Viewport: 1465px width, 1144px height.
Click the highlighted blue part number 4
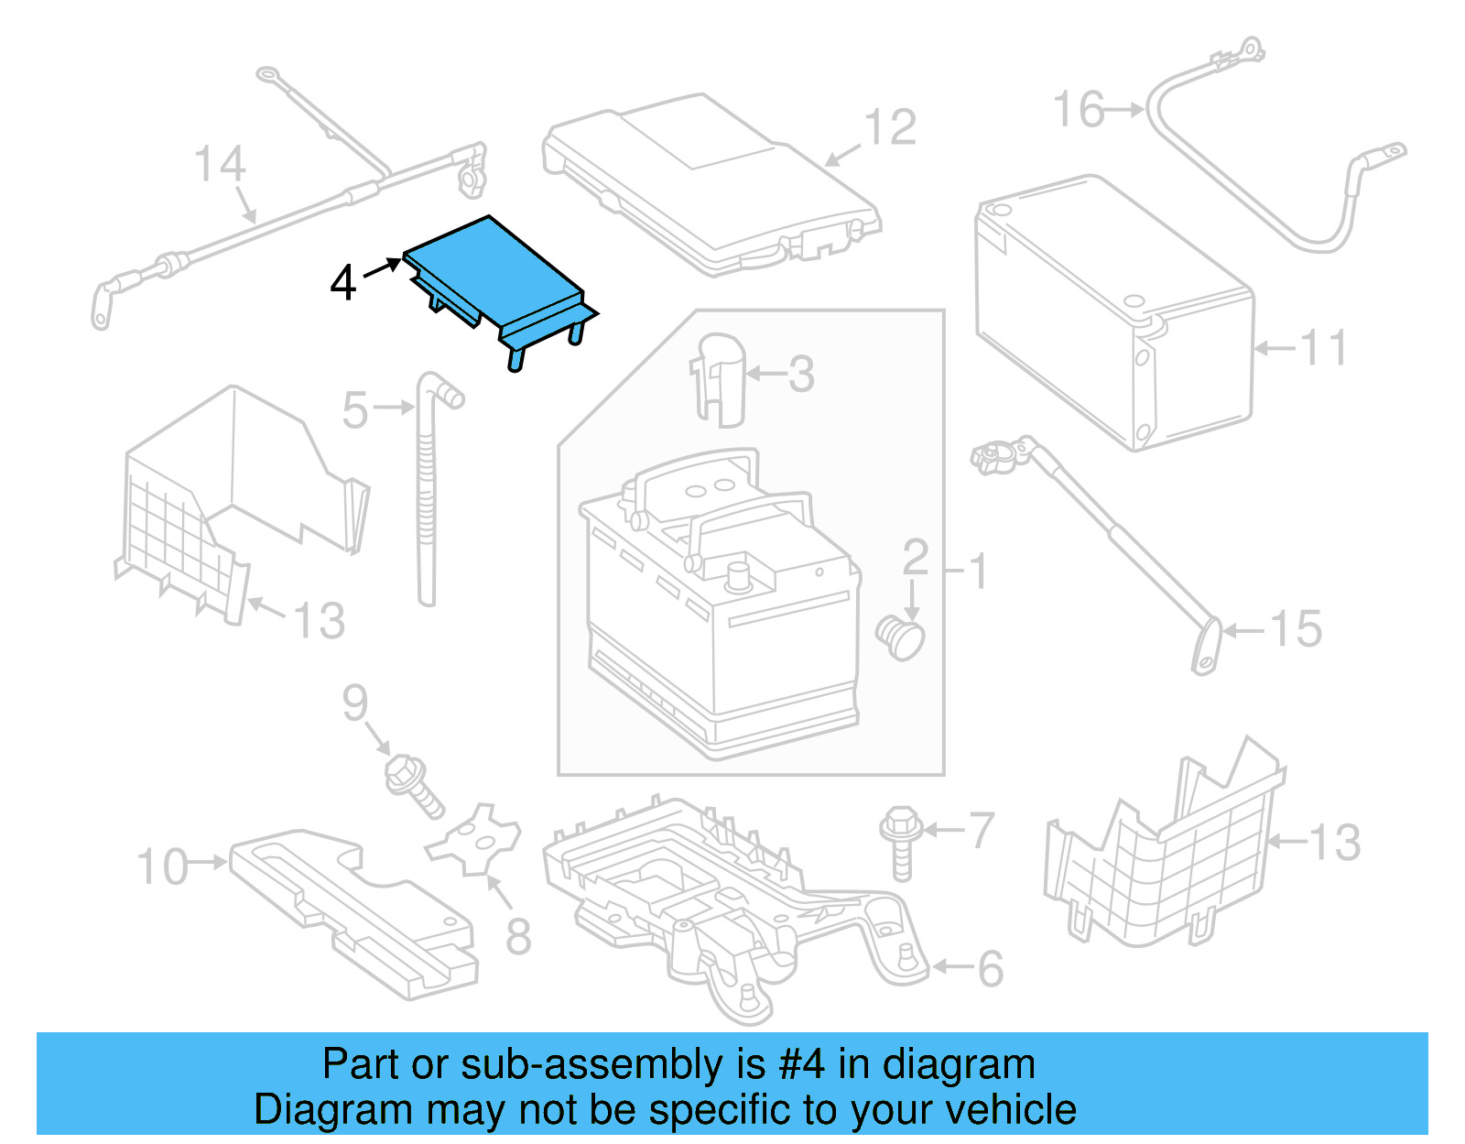pos(494,275)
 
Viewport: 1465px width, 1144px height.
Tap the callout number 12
pos(890,127)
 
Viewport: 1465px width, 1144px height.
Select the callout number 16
pos(1079,110)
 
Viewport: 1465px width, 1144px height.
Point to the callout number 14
pos(220,165)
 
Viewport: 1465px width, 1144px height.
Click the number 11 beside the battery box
pos(1324,348)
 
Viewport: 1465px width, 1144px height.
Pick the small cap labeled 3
pos(720,379)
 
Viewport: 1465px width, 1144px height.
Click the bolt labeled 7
pos(900,840)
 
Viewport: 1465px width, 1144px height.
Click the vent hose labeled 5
pos(427,495)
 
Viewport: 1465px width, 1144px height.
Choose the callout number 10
pos(162,866)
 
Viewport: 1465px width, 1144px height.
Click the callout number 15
pos(1296,630)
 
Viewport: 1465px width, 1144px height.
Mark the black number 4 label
pos(342,282)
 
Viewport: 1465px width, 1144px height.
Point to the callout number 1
pos(978,572)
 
